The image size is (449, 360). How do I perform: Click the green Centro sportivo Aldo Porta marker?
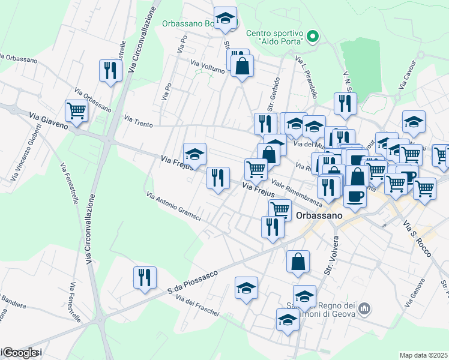(312, 37)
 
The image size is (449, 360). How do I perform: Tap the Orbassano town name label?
(319, 214)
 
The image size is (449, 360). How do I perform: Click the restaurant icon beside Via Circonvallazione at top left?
(110, 70)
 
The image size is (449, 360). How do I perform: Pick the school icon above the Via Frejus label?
(194, 155)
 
